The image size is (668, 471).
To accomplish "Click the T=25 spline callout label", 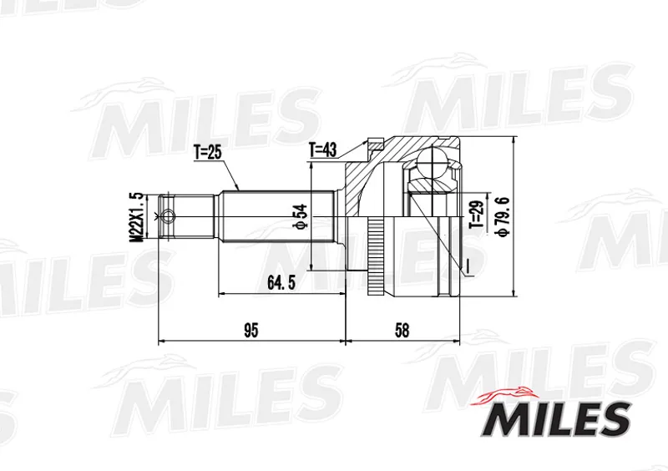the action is (207, 152).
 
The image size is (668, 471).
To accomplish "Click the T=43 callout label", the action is (323, 149).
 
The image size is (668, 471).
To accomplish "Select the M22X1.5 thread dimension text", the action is (138, 218).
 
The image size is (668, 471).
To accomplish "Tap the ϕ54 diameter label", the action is (301, 216).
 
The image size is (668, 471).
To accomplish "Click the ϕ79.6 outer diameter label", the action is (502, 217).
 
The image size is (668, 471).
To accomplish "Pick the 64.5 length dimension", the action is (281, 282).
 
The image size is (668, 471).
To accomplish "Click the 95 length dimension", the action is (251, 331).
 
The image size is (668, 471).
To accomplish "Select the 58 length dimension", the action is (402, 331).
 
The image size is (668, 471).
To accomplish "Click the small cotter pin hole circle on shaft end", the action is (169, 216).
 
